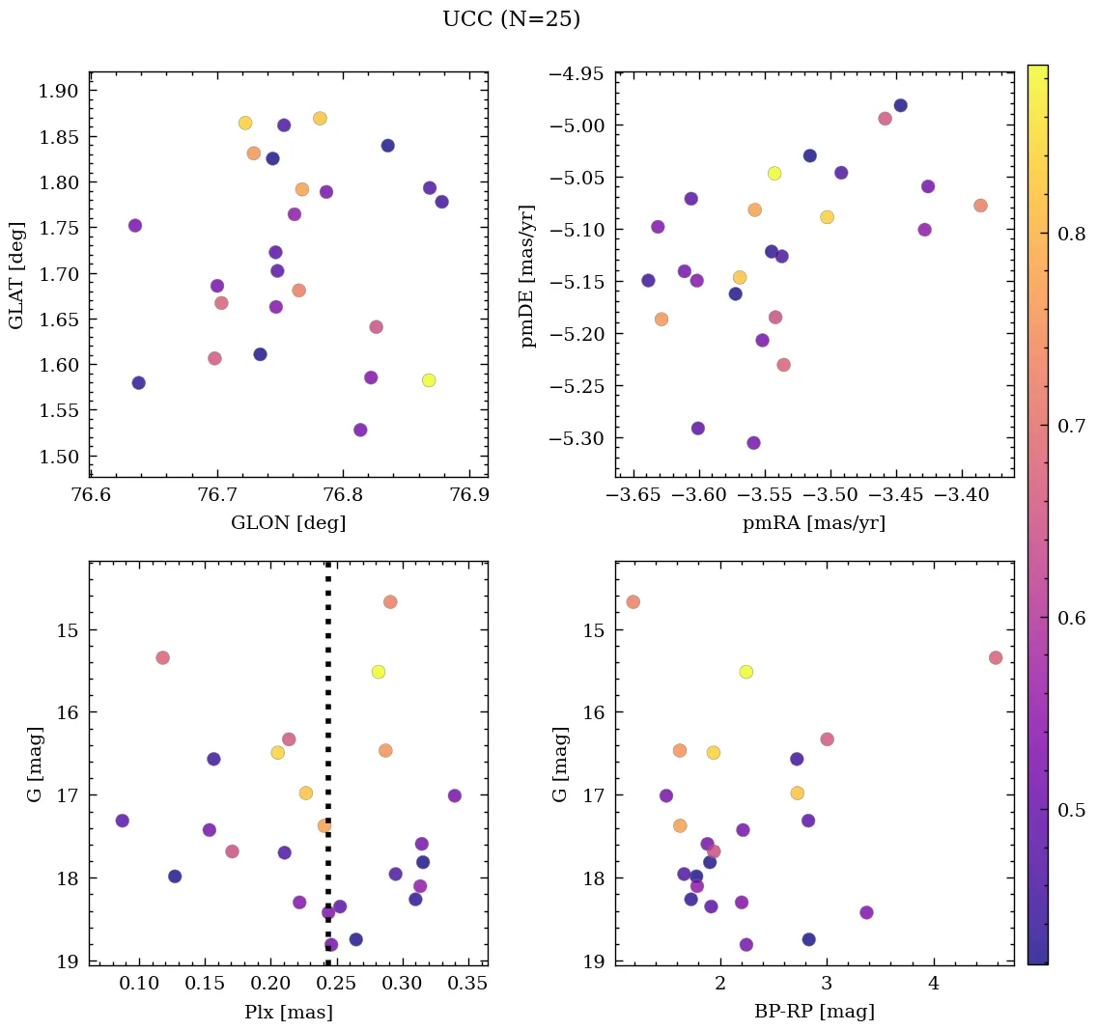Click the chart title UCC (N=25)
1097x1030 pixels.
[x=511, y=19]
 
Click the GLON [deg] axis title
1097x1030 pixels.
[x=288, y=523]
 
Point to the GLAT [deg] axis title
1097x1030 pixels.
[x=16, y=273]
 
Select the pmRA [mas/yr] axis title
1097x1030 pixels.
[x=813, y=523]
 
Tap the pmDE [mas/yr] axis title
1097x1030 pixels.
[x=527, y=275]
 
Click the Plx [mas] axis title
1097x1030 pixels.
[x=288, y=1012]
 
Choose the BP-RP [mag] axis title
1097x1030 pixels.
[x=814, y=1012]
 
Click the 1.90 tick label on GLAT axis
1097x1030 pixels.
[x=60, y=91]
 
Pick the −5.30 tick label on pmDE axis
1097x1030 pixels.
[x=577, y=438]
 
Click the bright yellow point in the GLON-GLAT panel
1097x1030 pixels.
[x=429, y=380]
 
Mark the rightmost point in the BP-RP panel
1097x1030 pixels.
[x=996, y=657]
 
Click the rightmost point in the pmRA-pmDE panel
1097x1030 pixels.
[x=980, y=206]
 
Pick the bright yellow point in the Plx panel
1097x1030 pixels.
[x=379, y=672]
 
